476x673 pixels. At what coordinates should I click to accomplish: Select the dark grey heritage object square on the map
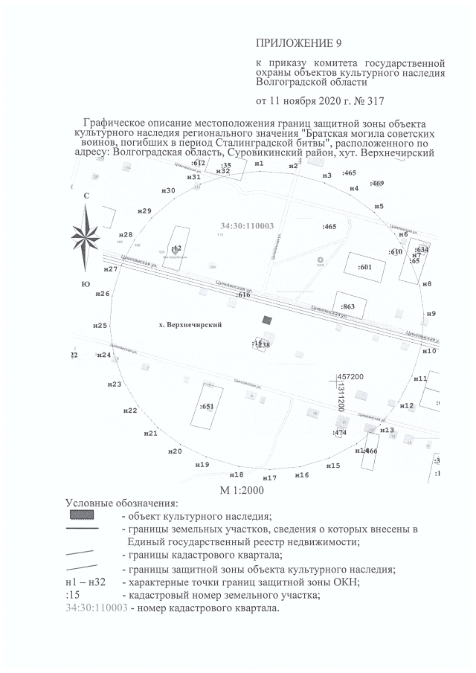266,319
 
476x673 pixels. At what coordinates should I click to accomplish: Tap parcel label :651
207,406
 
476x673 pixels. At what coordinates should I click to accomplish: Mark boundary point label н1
259,163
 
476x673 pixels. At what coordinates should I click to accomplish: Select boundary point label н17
269,477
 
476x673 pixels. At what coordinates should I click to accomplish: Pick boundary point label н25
100,326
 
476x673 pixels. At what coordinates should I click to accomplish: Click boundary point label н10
429,350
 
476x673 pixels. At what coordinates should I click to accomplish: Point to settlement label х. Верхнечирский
191,326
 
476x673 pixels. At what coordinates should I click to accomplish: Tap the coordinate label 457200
350,378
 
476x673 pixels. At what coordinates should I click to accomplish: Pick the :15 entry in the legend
73,595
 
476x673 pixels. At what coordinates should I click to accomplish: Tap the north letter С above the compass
86,196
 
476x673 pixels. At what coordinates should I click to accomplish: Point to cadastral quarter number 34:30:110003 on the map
248,225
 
